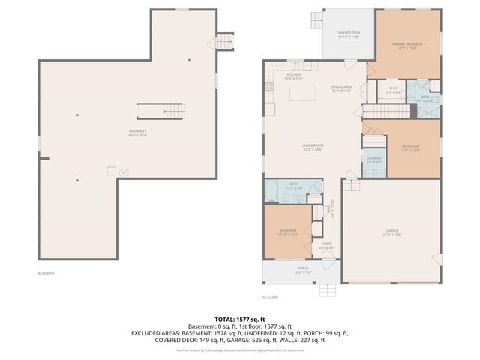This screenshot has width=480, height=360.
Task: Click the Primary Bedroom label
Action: [407, 46]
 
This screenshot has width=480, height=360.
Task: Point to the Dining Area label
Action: [342, 88]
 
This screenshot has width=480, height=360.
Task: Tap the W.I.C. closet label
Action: [393, 91]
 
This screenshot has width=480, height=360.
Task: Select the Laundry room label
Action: [374, 160]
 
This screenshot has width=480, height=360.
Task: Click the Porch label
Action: [302, 270]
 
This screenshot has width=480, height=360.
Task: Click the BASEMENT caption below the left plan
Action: [46, 273]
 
